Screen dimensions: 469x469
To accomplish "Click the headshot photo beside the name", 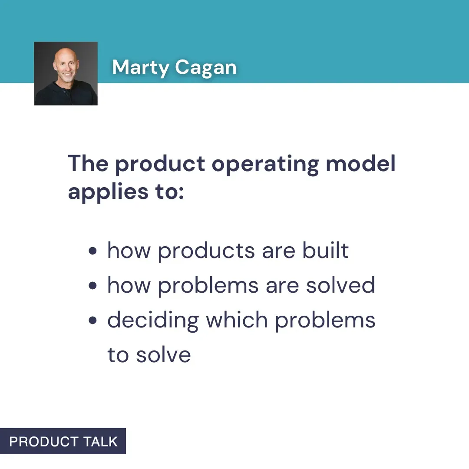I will pos(66,73).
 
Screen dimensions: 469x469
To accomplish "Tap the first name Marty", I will pos(141,67).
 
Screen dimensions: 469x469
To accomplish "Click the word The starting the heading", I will pos(88,163).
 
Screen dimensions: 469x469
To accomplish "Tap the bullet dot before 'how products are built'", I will pos(92,251).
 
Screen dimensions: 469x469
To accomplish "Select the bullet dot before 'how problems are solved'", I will pos(92,286).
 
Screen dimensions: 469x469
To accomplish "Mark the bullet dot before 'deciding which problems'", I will pos(92,321).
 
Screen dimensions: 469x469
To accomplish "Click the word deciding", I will pos(153,321).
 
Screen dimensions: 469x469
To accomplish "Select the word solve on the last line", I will pos(163,355).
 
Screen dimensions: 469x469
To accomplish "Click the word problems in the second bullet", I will pos(207,286).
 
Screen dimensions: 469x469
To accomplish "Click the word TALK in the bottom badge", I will pos(101,442).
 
